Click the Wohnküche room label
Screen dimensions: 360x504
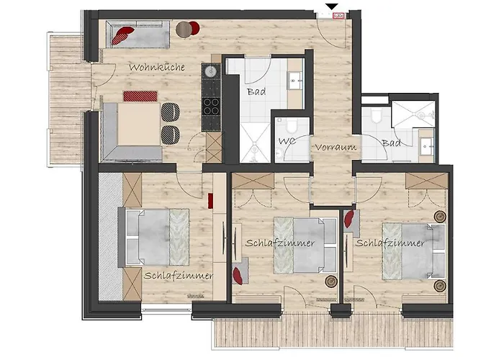click(157, 67)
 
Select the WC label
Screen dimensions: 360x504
click(287, 140)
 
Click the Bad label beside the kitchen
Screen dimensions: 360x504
click(256, 93)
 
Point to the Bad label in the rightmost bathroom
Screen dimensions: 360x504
click(392, 143)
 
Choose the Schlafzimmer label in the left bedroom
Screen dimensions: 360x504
click(178, 275)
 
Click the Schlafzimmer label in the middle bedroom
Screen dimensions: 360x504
click(279, 243)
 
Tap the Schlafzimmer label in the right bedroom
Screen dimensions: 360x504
click(390, 243)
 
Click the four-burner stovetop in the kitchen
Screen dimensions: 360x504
click(211, 108)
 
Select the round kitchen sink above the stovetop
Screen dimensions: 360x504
click(211, 73)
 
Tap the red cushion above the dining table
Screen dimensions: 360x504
click(139, 96)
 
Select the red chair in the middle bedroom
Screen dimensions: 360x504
click(238, 274)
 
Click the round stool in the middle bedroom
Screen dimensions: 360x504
click(331, 281)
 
